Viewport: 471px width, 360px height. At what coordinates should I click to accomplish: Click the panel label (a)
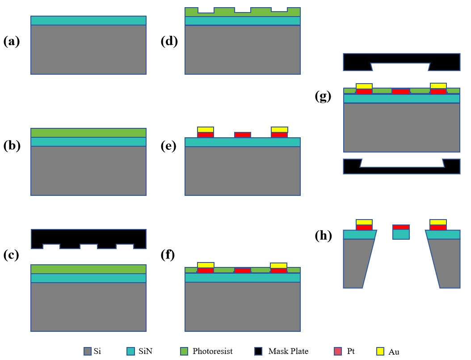click(12, 42)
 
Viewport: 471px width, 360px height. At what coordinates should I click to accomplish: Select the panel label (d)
click(169, 42)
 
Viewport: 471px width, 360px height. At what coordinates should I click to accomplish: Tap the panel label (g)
click(323, 97)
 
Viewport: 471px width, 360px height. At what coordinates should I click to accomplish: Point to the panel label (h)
click(323, 236)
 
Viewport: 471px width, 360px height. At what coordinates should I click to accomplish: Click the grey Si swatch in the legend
click(88, 351)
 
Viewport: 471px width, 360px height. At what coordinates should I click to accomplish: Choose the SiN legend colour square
click(130, 351)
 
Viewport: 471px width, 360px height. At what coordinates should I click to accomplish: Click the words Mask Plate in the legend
click(288, 351)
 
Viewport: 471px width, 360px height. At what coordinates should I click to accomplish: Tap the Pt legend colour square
click(337, 351)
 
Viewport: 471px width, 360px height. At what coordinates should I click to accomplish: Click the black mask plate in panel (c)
click(88, 236)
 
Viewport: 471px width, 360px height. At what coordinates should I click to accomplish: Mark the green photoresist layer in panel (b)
click(88, 133)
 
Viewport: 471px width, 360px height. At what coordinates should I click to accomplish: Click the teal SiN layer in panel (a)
click(88, 21)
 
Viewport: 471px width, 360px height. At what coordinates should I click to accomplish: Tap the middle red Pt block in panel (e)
click(243, 135)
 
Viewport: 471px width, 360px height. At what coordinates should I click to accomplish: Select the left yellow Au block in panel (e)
click(206, 129)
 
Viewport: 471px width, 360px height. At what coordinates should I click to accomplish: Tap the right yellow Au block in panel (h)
click(438, 222)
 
